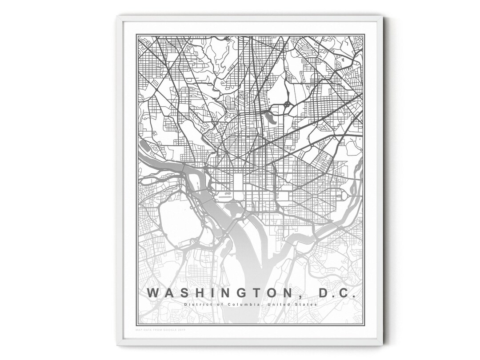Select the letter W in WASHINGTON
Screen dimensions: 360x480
tap(152, 293)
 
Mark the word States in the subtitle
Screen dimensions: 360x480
tap(307, 304)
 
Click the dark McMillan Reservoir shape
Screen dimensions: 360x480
tap(270, 118)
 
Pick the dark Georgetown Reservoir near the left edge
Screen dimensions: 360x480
tap(145, 145)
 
